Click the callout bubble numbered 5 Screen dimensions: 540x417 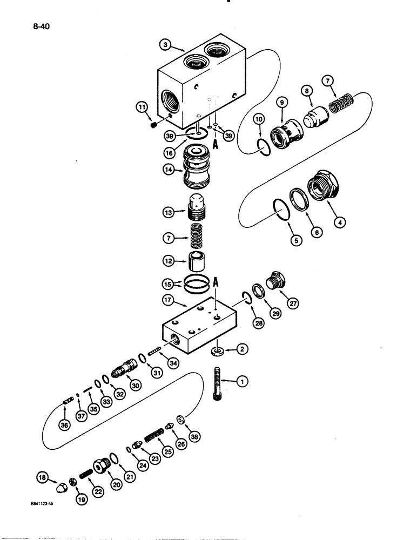pyautogui.click(x=295, y=241)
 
